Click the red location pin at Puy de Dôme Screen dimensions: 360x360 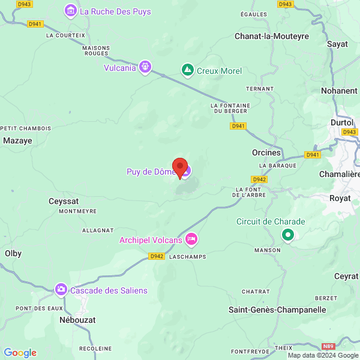[x=180, y=166]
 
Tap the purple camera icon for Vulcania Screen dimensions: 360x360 [x=145, y=67]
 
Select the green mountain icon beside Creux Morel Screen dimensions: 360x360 [x=188, y=71]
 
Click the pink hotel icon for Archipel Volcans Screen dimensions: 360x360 [x=191, y=239]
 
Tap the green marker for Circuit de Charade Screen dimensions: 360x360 [x=288, y=235]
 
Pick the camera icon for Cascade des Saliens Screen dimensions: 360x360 [x=61, y=290]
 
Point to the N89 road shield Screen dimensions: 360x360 [x=328, y=347]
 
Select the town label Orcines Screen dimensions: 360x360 [x=266, y=152]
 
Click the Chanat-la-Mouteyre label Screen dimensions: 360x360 [x=271, y=36]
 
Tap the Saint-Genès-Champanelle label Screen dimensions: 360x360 [x=277, y=310]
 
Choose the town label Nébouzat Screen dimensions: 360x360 [x=78, y=320]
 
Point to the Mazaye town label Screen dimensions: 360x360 [x=17, y=140]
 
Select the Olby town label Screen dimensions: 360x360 [x=13, y=253]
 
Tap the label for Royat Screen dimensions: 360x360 [x=340, y=197]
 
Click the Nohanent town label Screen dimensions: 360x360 [x=339, y=91]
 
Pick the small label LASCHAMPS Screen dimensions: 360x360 [x=188, y=256]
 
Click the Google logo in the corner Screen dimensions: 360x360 [x=20, y=353]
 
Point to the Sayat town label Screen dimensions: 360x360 [x=337, y=44]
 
